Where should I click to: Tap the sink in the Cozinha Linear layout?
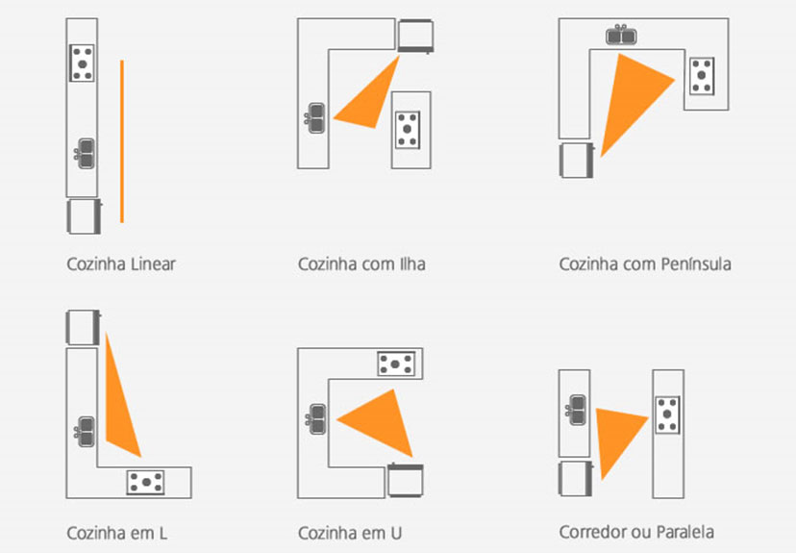pos(85,153)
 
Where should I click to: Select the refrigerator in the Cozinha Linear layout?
pos(83,216)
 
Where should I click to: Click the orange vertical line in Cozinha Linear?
pos(122,141)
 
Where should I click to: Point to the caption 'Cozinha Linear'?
pos(121,264)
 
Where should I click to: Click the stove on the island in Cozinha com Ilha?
pos(409,129)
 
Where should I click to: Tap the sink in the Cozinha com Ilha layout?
pos(315,118)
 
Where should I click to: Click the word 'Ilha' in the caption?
pos(411,264)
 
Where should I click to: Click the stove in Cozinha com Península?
pos(703,76)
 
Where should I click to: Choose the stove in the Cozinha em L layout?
pos(145,481)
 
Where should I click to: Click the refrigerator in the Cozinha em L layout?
pos(83,326)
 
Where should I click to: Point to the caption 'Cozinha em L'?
pos(117,532)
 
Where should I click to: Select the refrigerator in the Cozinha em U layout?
pos(406,479)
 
